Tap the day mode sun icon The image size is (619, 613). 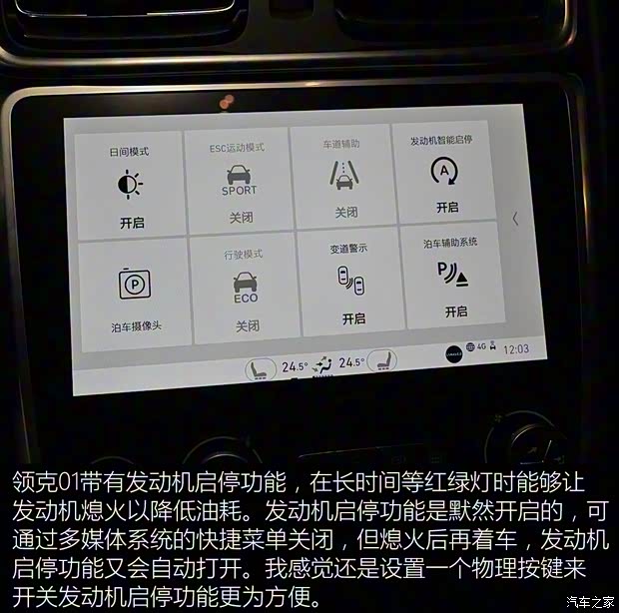tap(130, 185)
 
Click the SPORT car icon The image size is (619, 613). tap(239, 180)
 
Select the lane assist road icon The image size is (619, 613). tap(343, 176)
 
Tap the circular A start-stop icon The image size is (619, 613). tap(444, 171)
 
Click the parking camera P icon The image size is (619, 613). tap(135, 285)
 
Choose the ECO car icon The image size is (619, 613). tap(246, 288)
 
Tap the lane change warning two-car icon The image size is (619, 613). tap(351, 281)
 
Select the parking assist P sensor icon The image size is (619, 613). tap(452, 274)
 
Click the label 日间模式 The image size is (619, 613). tap(129, 152)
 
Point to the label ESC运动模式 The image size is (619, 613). tap(237, 148)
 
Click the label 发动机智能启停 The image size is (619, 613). tap(441, 140)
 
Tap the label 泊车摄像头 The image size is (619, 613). tap(136, 326)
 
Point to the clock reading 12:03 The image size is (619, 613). tap(516, 349)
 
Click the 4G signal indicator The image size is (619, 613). tap(481, 346)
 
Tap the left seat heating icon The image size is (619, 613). tap(261, 369)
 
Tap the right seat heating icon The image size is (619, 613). tap(381, 360)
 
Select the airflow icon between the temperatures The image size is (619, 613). tap(322, 365)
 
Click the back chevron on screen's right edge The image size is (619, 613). tap(515, 219)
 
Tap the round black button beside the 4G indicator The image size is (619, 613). tap(453, 354)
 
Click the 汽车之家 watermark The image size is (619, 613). tap(590, 602)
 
